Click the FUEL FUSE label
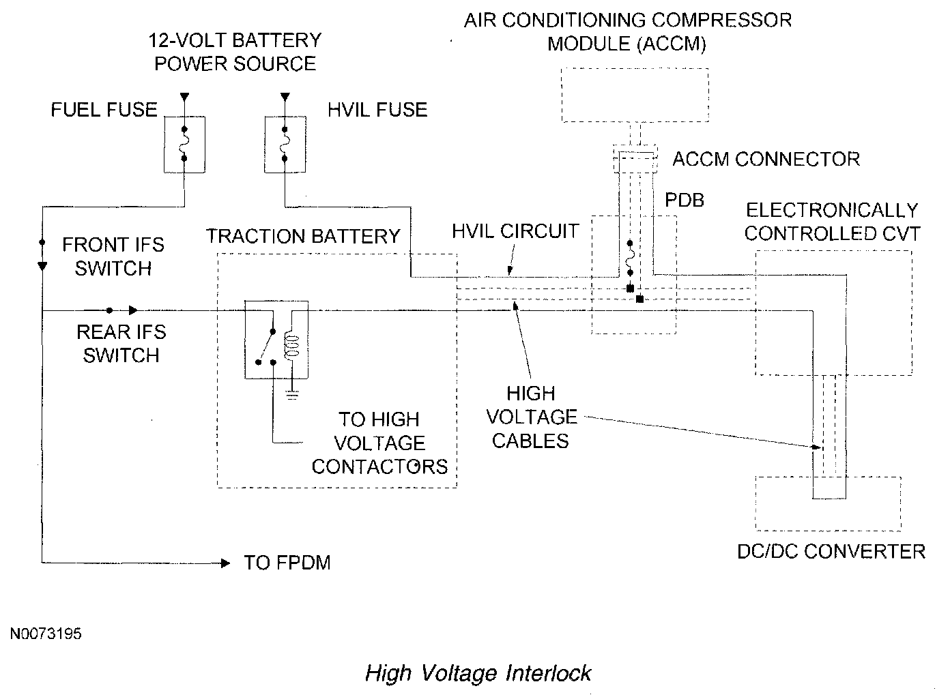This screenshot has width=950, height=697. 104,110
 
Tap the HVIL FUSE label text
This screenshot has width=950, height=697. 377,110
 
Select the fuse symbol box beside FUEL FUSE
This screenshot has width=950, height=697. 184,145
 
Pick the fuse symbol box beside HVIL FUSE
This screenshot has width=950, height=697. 285,145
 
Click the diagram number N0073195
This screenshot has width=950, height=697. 46,634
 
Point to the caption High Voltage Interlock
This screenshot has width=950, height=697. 478,673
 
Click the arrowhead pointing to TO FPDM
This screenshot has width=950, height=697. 225,563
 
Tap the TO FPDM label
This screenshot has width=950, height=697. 287,563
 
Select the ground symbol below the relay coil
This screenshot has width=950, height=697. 292,395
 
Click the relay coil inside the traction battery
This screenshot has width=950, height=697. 292,346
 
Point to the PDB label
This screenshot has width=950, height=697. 684,200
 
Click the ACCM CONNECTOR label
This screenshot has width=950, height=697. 766,160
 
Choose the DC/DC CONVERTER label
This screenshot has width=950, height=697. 831,552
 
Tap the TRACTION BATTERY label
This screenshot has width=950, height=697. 303,236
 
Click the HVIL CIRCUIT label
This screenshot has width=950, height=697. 515,231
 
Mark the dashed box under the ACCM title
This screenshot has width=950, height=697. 635,95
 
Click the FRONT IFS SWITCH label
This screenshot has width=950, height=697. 113,256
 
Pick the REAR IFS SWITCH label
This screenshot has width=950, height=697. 121,343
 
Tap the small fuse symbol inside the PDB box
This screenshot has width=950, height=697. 630,258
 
